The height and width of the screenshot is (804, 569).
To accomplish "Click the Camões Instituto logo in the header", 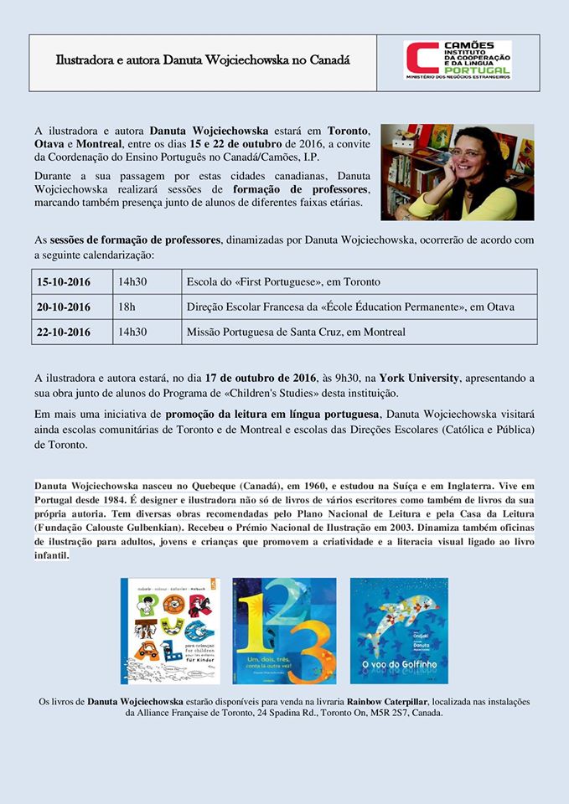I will click(458, 60).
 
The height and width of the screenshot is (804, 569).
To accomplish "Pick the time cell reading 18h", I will click(127, 307).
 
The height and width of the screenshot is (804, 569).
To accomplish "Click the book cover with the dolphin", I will click(399, 631).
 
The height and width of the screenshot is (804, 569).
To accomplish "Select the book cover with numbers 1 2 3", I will click(284, 631).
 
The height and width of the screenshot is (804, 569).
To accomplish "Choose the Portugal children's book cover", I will click(170, 631).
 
